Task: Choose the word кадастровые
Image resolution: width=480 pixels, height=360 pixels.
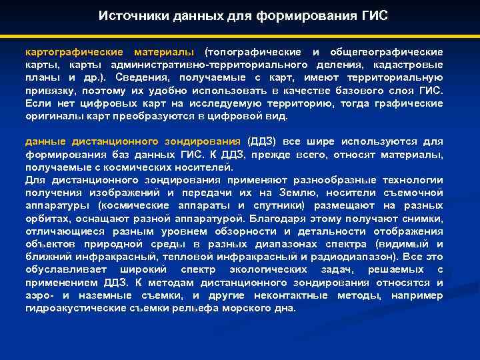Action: (411, 65)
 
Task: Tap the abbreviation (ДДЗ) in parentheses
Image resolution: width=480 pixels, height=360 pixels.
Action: (261, 142)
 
